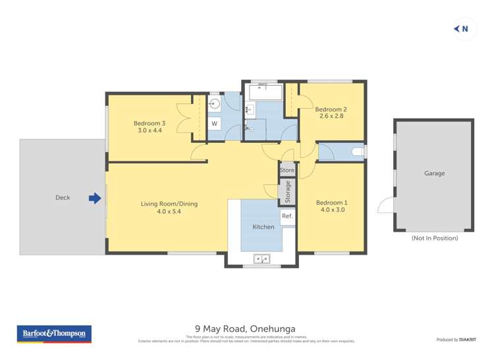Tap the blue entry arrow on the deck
coord(95,197)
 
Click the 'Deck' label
coord(63,197)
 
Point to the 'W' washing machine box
coord(215,123)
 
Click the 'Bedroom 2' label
coord(331,109)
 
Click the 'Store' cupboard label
coord(287,170)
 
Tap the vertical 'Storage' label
coord(288,192)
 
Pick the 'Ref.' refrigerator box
coord(287,217)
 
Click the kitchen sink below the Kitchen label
coord(262,259)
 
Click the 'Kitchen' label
coord(263,227)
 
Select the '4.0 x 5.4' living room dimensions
coord(169,212)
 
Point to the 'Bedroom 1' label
coord(331,203)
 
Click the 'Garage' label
coord(434,174)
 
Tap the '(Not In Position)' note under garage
coord(434,238)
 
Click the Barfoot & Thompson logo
coord(54,334)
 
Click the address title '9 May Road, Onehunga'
coord(245,328)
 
